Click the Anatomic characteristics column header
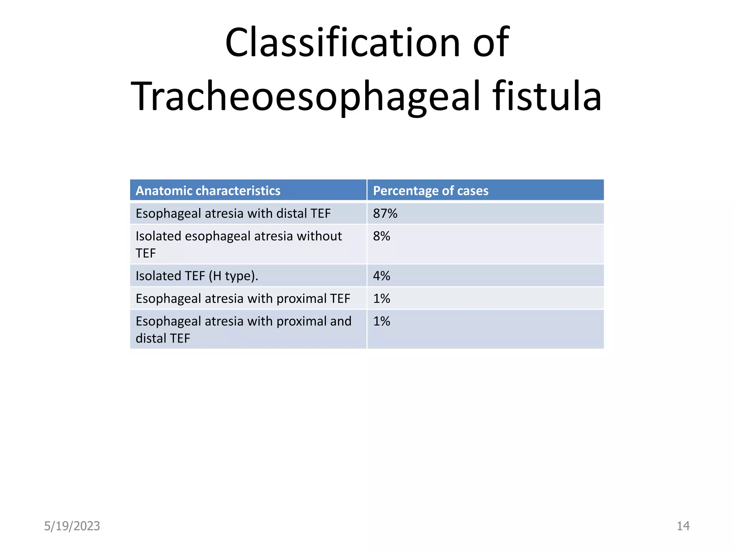pyautogui.click(x=208, y=190)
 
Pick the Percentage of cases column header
pyautogui.click(x=430, y=190)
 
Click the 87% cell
pyautogui.click(x=385, y=213)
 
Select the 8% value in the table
pyautogui.click(x=381, y=236)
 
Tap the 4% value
pyautogui.click(x=381, y=276)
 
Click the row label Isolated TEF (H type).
pyautogui.click(x=197, y=276)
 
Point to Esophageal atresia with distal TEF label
pyautogui.click(x=233, y=213)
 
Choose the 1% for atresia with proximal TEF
pyautogui.click(x=381, y=298)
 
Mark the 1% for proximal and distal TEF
pyautogui.click(x=381, y=321)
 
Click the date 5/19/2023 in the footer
pyautogui.click(x=72, y=526)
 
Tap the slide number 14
pyautogui.click(x=683, y=526)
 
